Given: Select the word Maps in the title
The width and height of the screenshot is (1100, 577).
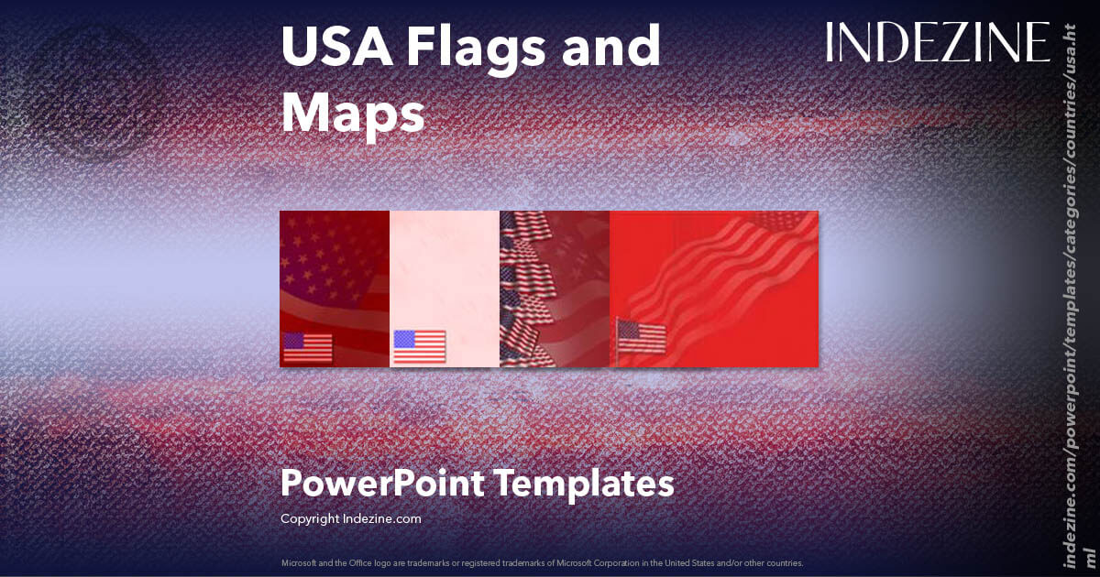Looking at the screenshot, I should coord(353,114).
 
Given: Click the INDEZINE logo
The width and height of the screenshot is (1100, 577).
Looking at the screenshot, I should coord(938,42).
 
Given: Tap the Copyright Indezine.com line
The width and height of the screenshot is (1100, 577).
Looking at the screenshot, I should coord(350,518).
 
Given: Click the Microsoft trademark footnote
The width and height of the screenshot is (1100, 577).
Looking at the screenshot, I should coord(542,562).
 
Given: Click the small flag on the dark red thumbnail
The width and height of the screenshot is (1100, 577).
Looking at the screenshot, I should coord(307,347).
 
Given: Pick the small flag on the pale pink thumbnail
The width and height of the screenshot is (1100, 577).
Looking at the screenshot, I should coord(419,346).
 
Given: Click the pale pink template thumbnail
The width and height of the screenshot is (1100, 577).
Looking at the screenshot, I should coord(445,275).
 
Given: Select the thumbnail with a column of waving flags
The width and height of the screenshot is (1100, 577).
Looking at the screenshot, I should coord(554,288).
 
